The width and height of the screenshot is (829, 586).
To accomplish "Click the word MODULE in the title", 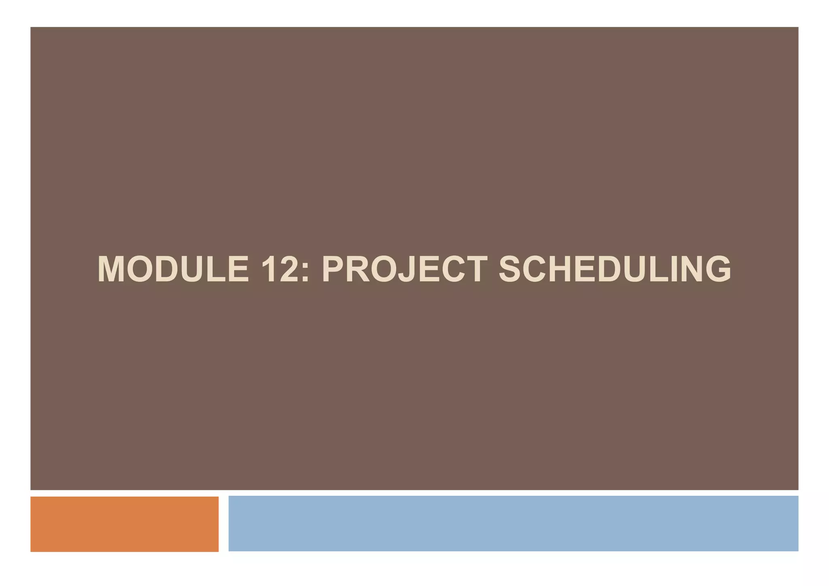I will pyautogui.click(x=173, y=269).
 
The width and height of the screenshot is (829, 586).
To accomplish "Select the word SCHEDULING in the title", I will pyautogui.click(x=615, y=269).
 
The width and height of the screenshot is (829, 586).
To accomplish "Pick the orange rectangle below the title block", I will pyautogui.click(x=124, y=524).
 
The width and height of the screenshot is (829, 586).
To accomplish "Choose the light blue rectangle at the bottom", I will pyautogui.click(x=513, y=523).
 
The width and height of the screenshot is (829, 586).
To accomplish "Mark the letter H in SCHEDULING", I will pyautogui.click(x=558, y=269).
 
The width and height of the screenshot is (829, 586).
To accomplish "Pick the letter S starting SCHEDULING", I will pyautogui.click(x=512, y=269).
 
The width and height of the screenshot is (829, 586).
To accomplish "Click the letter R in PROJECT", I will pyautogui.click(x=358, y=269).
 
